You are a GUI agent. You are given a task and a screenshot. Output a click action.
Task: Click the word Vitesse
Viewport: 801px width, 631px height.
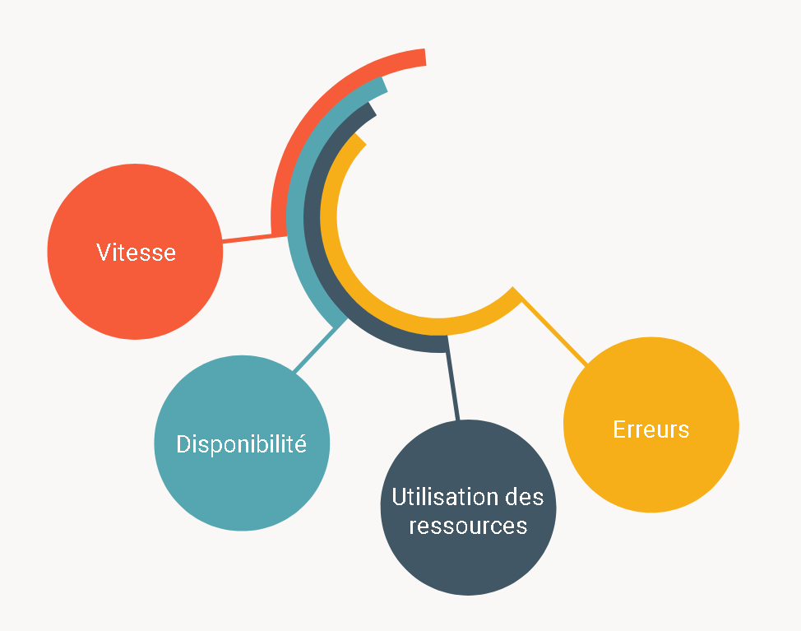(136, 252)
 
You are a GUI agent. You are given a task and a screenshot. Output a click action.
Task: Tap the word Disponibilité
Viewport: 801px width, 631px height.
(241, 444)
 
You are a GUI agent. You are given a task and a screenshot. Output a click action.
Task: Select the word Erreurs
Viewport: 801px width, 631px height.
(651, 429)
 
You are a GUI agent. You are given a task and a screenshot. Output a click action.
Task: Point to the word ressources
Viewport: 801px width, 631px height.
(468, 526)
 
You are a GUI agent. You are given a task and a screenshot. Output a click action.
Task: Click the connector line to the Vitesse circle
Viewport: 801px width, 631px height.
(247, 239)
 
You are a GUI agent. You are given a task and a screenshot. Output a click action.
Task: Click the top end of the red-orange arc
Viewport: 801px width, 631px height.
(422, 58)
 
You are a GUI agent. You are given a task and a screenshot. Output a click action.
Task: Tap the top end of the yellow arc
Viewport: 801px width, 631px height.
(359, 142)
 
